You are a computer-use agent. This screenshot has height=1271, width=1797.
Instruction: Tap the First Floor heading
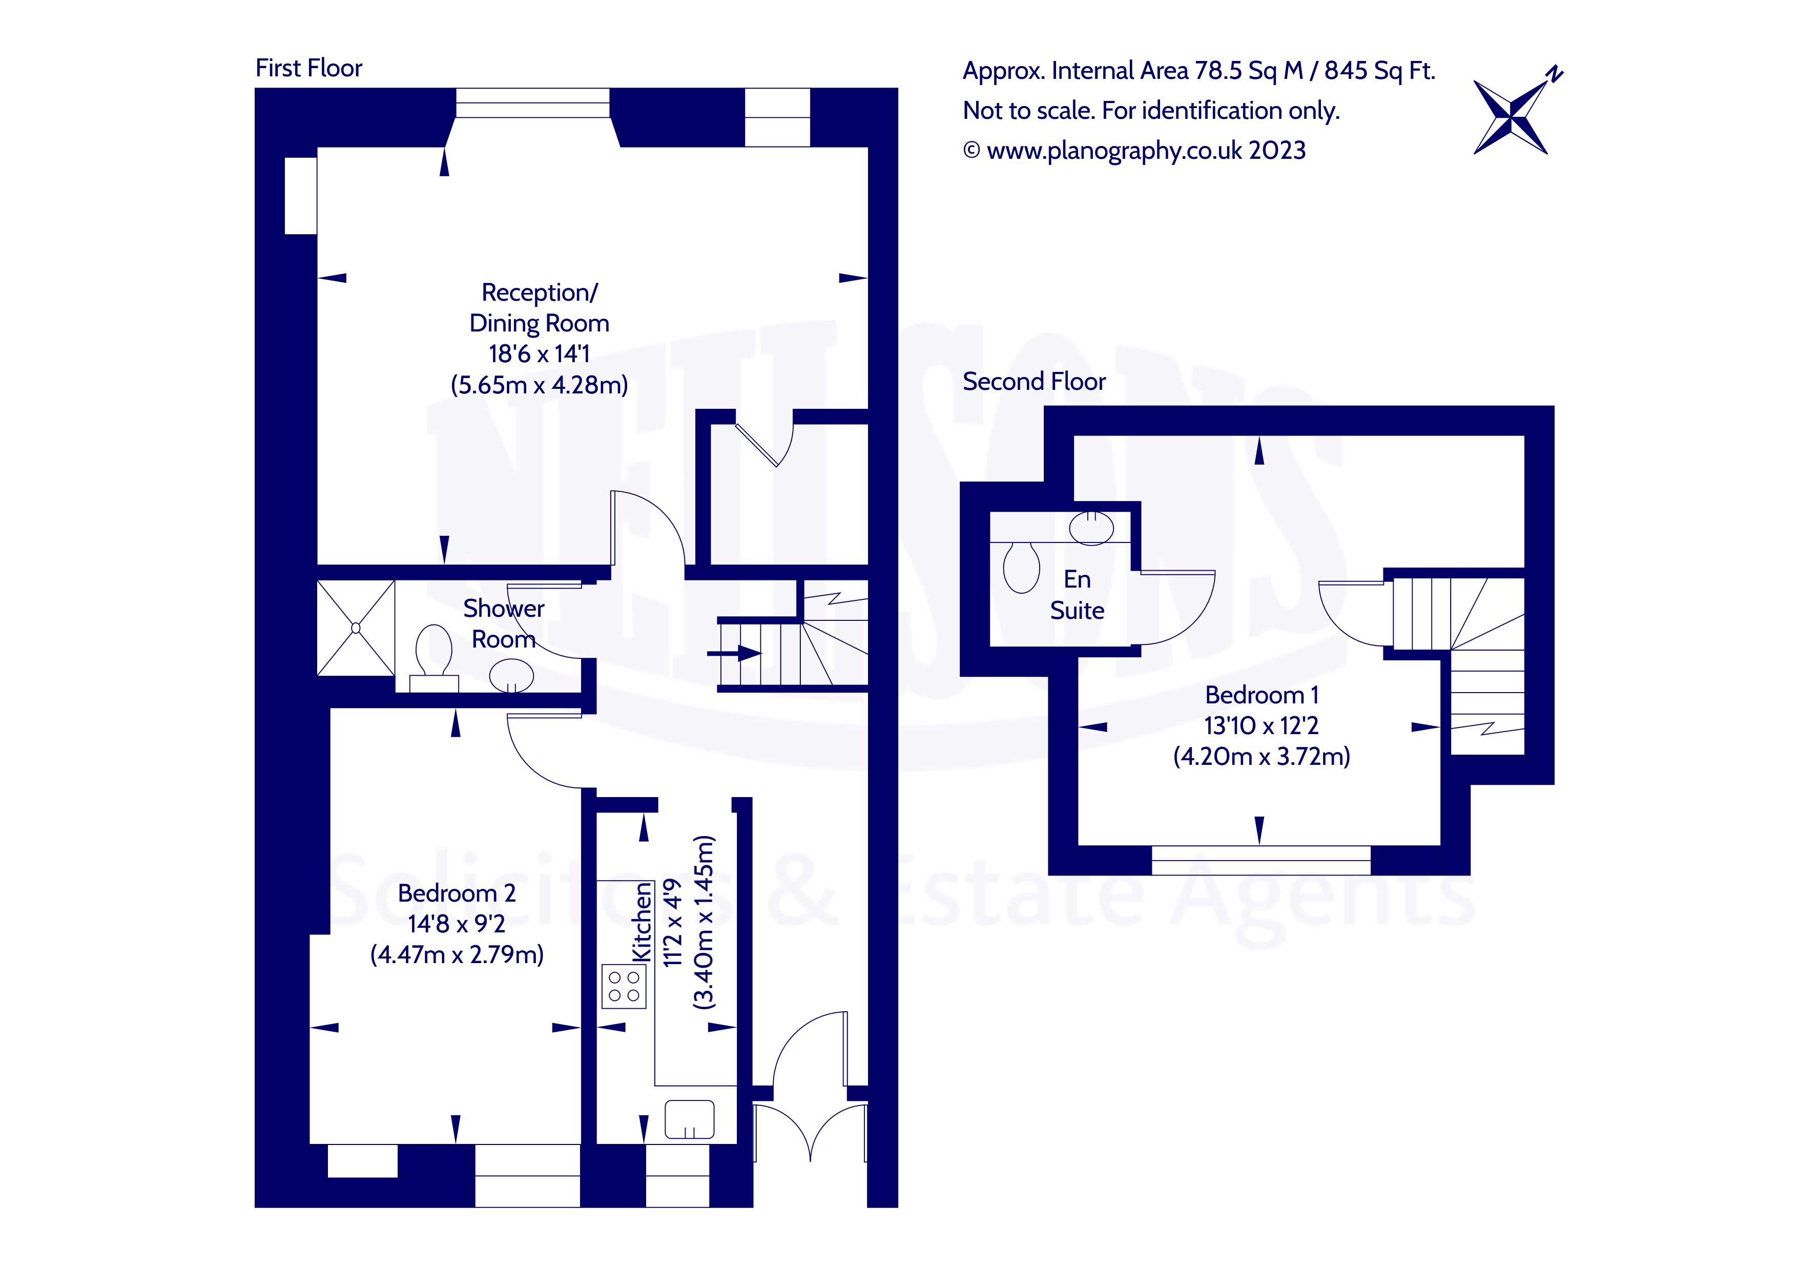coord(308,69)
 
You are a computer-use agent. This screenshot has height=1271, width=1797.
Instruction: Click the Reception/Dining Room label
coord(539,307)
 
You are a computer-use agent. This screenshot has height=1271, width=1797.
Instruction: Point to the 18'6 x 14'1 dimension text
coord(539,355)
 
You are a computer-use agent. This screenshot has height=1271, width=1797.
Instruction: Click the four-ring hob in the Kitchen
coord(624,986)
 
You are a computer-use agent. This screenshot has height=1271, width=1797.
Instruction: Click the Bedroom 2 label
coord(456,893)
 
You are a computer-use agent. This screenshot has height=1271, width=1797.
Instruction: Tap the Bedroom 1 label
coord(1262,695)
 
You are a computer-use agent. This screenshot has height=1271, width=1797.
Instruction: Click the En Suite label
coord(1077,595)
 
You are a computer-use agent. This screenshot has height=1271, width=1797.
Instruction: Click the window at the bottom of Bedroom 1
coord(1261,860)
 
